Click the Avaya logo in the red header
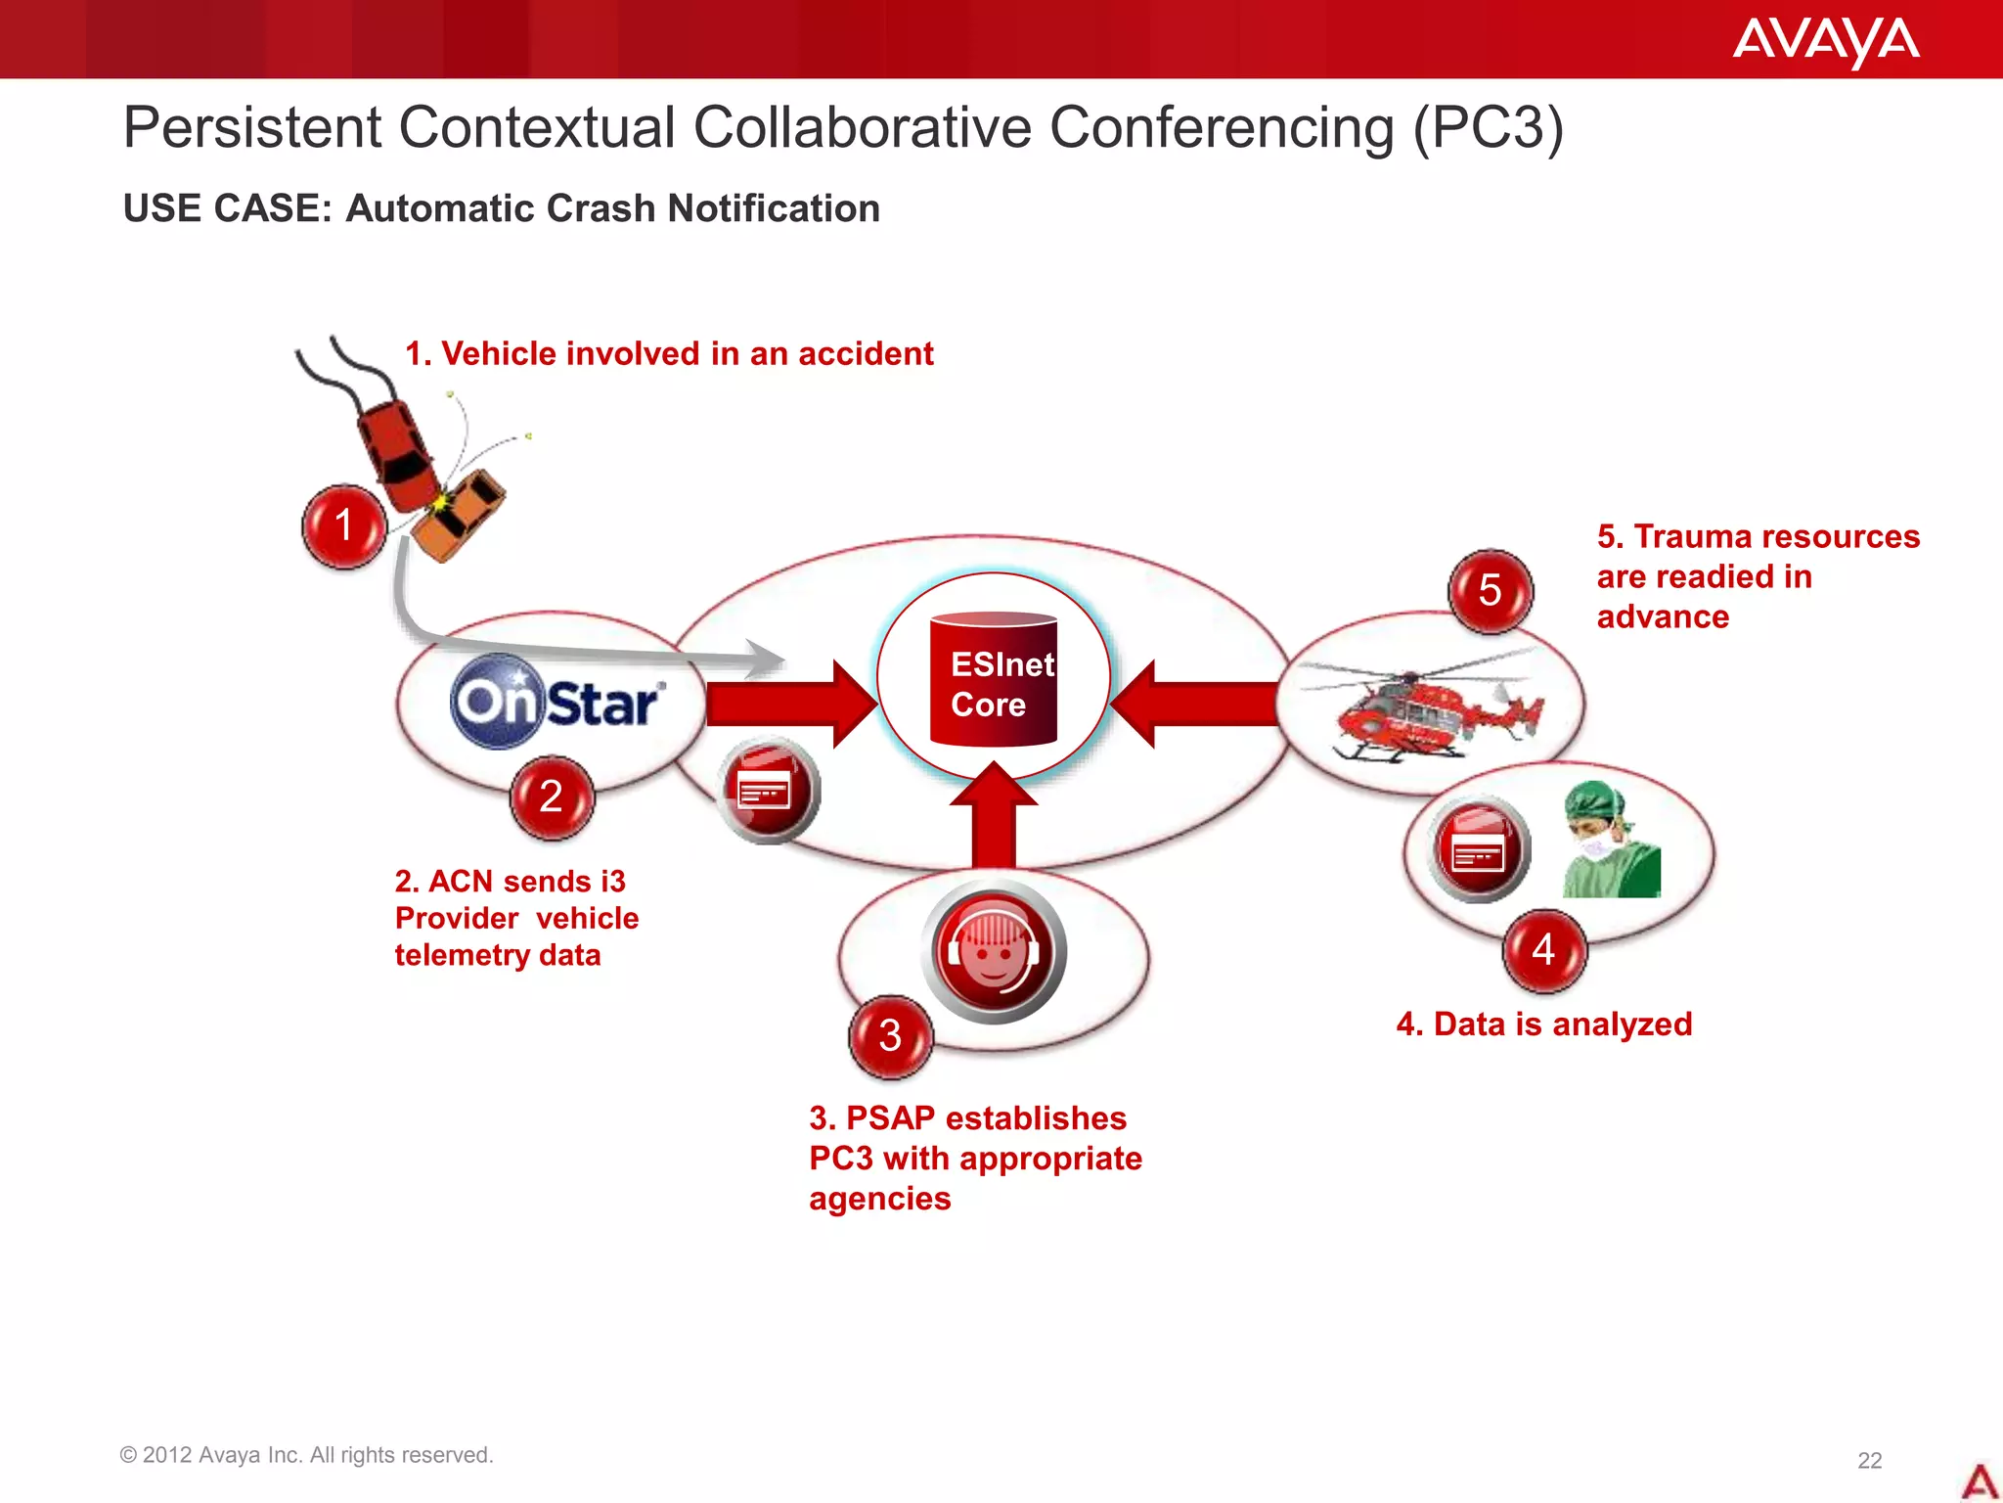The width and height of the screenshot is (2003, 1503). tap(1825, 41)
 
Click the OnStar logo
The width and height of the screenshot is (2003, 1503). tap(557, 702)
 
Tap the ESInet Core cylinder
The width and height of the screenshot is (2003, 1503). tap(994, 679)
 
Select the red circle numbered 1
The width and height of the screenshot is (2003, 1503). tap(344, 525)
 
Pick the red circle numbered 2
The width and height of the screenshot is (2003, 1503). tap(552, 797)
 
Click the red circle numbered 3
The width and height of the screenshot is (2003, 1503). tap(890, 1035)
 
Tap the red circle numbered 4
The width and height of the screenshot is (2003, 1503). tap(1543, 949)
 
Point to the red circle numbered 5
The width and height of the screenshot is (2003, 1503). tap(1490, 590)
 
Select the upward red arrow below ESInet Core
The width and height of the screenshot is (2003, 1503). tap(994, 818)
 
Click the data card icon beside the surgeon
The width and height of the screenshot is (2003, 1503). tap(1479, 847)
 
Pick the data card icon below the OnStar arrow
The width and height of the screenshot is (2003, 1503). tap(768, 790)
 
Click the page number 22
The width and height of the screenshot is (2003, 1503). tap(1869, 1460)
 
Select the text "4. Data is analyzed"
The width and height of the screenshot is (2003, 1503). tap(1543, 1024)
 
